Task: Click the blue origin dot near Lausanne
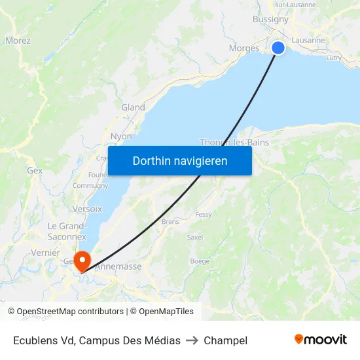pos(278,48)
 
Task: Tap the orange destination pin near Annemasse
pos(82,261)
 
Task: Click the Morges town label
pos(244,48)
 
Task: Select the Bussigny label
pos(270,19)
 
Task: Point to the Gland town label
pos(133,107)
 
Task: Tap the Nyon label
pos(121,136)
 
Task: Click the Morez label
pos(18,41)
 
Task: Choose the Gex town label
pos(35,170)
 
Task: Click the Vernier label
pos(45,253)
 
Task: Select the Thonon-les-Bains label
pos(234,142)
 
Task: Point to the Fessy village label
pos(203,214)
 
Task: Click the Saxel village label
pos(195,237)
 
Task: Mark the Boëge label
pos(200,261)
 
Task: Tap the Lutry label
pos(333,58)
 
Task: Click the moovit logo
pos(320,339)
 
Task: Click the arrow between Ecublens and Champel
pos(192,340)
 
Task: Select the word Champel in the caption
pos(225,340)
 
